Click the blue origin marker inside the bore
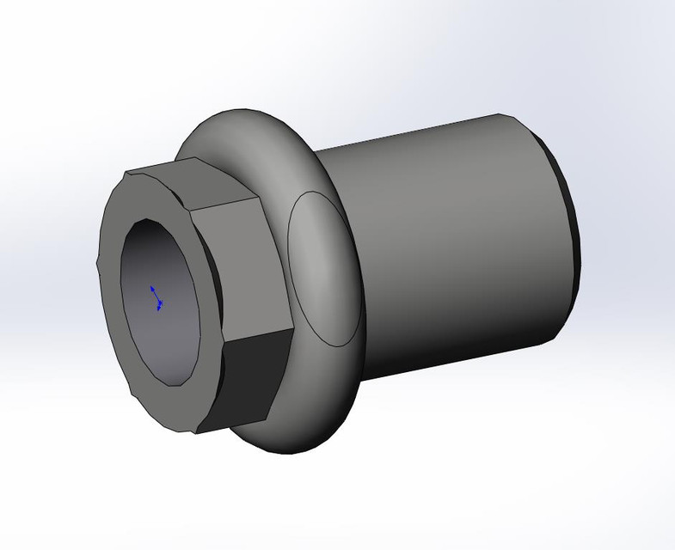pyautogui.click(x=157, y=297)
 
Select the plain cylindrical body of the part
pyautogui.click(x=447, y=241)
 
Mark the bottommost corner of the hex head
pyautogui.click(x=197, y=430)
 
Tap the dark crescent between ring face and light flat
pyautogui.click(x=216, y=284)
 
